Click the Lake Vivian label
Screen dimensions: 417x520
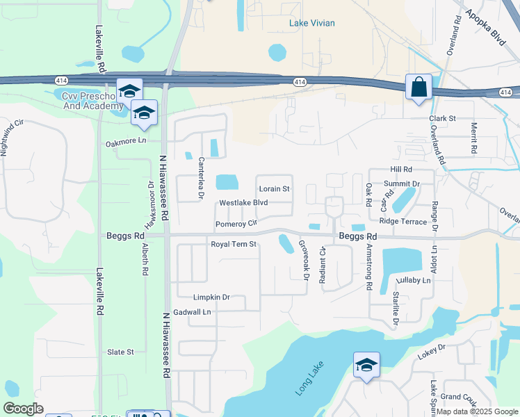[x=312, y=23]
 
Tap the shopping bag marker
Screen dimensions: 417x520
[x=419, y=88]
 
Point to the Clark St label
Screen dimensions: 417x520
[x=441, y=119]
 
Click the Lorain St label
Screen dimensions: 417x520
[x=274, y=189]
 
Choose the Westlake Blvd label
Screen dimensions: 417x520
[x=243, y=203]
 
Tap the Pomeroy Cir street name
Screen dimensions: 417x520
[x=236, y=224]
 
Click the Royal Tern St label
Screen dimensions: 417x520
[x=234, y=245]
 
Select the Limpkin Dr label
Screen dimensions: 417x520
[x=211, y=297]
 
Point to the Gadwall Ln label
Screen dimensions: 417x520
[x=192, y=313]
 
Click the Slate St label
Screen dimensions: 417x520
[x=120, y=352]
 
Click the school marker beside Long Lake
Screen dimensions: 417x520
[x=366, y=365]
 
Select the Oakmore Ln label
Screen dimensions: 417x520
[x=127, y=142]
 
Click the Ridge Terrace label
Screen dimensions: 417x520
[x=403, y=221]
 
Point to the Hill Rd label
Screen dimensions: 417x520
[x=401, y=170]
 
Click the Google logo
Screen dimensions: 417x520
[x=23, y=409]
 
